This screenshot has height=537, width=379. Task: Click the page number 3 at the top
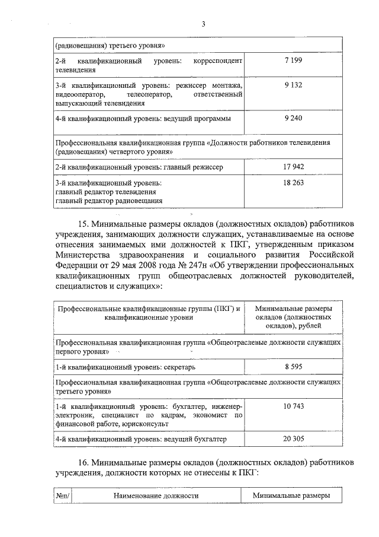[x=203, y=24]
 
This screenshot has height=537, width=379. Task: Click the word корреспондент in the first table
[x=218, y=61]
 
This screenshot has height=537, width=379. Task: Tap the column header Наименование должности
[x=157, y=495]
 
